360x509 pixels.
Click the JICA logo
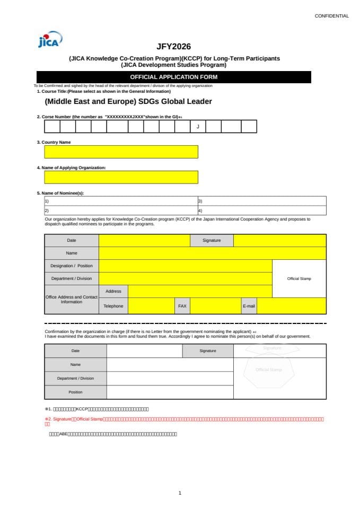pyautogui.click(x=50, y=39)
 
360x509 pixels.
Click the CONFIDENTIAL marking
pyautogui.click(x=331, y=16)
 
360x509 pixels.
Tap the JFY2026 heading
pyautogui.click(x=173, y=47)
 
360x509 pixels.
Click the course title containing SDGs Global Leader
pyautogui.click(x=128, y=101)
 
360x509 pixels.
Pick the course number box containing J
pyautogui.click(x=198, y=126)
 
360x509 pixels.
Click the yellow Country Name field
pyautogui.click(x=121, y=152)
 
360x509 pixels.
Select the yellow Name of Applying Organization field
pyautogui.click(x=121, y=177)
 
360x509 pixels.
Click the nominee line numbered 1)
pyautogui.click(x=121, y=201)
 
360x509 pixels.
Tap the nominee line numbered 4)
pyautogui.click(x=261, y=210)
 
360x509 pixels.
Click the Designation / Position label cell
pyautogui.click(x=72, y=266)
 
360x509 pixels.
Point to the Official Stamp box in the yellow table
pyautogui.click(x=299, y=278)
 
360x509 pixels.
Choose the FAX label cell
pyautogui.click(x=182, y=306)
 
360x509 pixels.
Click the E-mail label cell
pyautogui.click(x=249, y=306)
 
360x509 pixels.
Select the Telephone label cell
pyautogui.click(x=113, y=306)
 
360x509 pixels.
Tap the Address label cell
pyautogui.click(x=113, y=291)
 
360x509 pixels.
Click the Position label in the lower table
pyautogui.click(x=75, y=392)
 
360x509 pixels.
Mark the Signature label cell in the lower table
pyautogui.click(x=208, y=350)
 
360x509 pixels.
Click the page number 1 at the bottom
pyautogui.click(x=180, y=493)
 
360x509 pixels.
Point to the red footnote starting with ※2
pyautogui.click(x=183, y=421)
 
